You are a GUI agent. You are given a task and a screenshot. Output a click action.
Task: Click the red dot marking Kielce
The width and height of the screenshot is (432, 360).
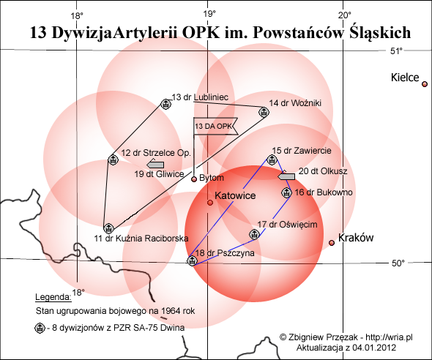425,84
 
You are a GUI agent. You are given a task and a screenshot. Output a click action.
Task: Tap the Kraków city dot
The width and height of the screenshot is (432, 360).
332,243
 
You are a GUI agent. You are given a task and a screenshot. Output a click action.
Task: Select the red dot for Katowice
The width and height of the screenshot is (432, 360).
210,203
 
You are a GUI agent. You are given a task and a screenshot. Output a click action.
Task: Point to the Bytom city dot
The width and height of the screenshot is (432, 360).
194,179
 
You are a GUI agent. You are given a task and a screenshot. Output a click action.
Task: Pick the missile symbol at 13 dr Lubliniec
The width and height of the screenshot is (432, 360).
165,104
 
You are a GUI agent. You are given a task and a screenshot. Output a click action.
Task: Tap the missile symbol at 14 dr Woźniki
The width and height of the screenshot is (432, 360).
264,112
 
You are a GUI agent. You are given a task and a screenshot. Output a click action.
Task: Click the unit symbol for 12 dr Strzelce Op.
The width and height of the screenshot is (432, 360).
113,160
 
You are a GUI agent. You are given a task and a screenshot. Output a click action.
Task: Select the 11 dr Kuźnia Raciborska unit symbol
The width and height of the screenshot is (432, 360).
108,228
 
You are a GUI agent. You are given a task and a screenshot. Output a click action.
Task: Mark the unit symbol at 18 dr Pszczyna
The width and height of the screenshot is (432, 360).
193,260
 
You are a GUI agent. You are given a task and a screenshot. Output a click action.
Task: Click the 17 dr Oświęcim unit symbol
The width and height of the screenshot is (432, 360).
254,234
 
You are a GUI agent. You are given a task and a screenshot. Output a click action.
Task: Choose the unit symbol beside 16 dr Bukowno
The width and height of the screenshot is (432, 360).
286,192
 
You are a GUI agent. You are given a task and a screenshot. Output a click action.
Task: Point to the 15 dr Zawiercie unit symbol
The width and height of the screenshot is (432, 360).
272,160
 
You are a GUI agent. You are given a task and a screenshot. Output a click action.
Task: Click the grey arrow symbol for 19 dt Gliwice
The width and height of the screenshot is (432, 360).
155,165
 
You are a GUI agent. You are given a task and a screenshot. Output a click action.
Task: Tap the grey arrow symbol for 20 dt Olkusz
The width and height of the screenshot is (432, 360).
286,176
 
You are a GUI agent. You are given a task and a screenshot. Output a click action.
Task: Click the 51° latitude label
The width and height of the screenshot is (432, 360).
396,51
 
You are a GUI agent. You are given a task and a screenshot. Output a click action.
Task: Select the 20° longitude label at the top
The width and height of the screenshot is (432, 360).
345,15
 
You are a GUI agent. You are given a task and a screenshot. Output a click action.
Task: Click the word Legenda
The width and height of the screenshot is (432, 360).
53,297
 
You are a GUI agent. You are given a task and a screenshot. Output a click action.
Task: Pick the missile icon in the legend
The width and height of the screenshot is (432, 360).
40,328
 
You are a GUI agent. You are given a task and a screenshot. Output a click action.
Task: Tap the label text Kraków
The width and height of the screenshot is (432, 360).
356,238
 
